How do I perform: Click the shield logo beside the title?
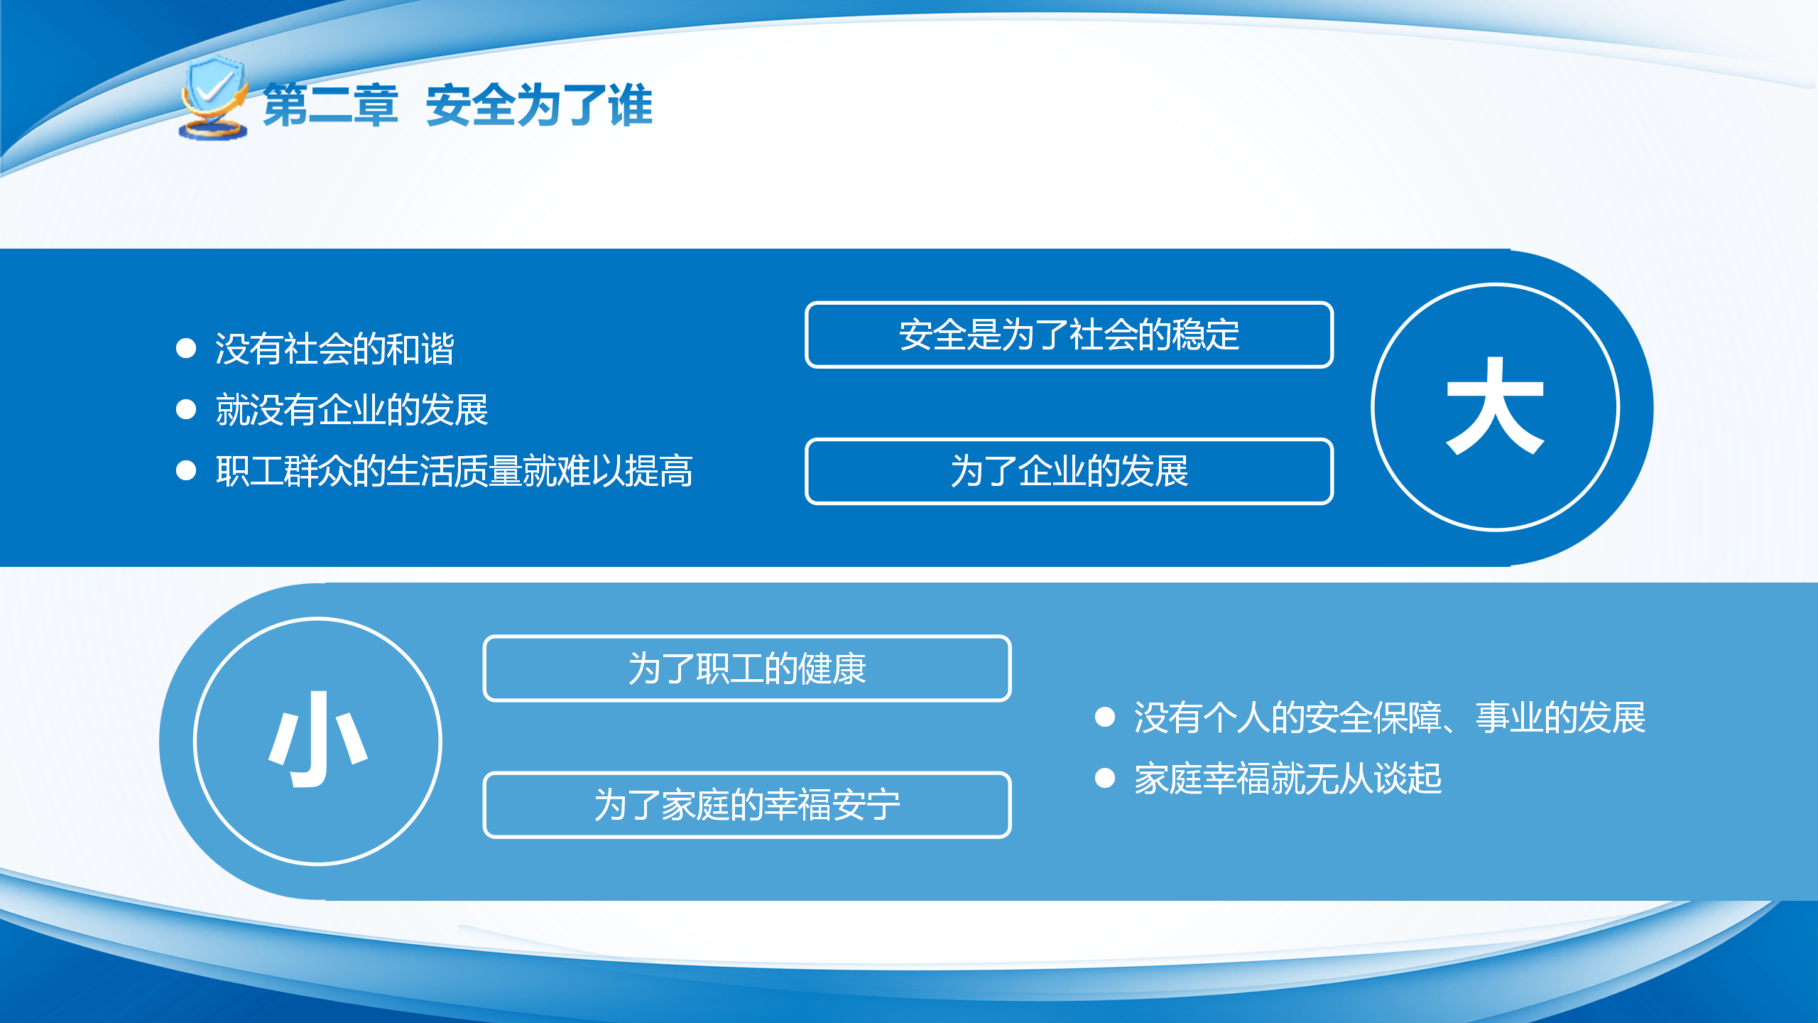213,97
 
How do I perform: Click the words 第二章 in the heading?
330,105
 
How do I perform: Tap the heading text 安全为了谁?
539,105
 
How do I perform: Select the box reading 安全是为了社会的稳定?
1069,335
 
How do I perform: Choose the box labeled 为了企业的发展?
1069,471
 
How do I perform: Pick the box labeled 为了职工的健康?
747,669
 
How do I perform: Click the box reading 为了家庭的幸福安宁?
747,805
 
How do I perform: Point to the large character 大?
1495,406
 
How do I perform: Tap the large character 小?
317,740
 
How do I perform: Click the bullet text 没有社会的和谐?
334,349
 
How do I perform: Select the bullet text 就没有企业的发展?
352,410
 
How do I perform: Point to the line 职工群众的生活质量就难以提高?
454,471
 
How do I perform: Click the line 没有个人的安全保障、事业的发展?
1390,718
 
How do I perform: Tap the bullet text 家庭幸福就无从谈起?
1288,779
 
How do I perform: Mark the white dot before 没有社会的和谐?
186,348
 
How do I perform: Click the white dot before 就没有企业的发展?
186,409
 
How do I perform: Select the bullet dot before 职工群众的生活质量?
186,470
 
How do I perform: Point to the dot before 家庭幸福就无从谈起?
1105,778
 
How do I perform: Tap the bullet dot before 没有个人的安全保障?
1105,717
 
